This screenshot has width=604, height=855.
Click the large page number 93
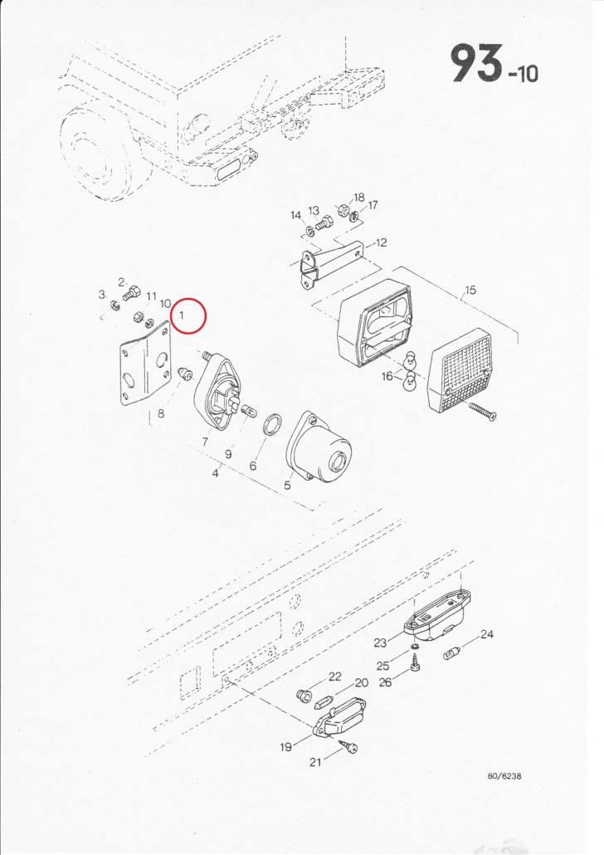[x=476, y=64]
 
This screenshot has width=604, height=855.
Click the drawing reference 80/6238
[x=504, y=776]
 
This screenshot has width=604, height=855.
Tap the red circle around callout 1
[x=188, y=315]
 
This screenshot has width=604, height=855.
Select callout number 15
[x=470, y=290]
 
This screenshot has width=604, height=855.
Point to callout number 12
[x=381, y=242]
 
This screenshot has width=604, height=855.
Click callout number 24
[x=487, y=634]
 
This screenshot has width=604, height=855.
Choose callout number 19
[x=286, y=747]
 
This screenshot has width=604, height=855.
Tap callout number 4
[x=216, y=473]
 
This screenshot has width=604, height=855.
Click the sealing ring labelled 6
[x=272, y=424]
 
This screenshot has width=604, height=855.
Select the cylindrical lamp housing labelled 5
[x=319, y=448]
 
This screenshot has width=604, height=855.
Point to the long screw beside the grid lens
[x=481, y=412]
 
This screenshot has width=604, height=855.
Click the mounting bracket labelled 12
[x=327, y=265]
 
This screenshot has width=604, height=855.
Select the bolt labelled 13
[x=324, y=223]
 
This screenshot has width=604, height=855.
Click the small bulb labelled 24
[x=452, y=652]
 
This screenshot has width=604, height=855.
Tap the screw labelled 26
[x=414, y=665]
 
